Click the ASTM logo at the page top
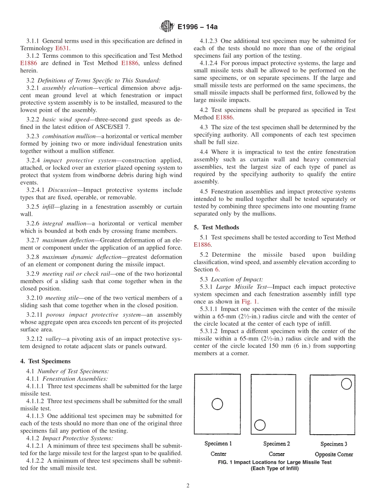coord(167,26)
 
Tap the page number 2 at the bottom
coord(188,486)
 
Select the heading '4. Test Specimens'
coord(45,361)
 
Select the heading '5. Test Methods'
coord(216,227)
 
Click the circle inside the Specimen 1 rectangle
coord(217,404)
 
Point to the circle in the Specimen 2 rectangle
coord(260,425)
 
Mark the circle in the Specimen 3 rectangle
coord(346,384)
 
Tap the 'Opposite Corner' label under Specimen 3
coord(334,454)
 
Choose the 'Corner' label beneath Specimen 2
coord(276,454)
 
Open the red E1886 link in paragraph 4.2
coord(224,117)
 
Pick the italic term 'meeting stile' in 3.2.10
coord(62,298)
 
